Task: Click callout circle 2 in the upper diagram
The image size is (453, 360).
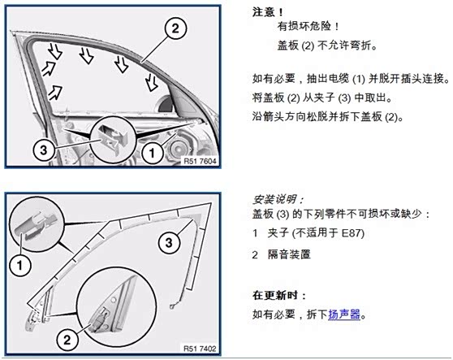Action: (175, 28)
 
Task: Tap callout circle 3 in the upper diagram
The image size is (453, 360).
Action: (43, 150)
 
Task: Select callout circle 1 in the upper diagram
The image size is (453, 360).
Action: (153, 153)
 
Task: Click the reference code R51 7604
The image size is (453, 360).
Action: (200, 161)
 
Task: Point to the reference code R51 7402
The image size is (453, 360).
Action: (200, 349)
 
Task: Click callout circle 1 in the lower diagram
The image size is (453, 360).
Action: (20, 265)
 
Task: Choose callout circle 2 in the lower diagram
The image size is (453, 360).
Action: (67, 340)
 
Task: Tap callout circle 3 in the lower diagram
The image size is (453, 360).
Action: (170, 242)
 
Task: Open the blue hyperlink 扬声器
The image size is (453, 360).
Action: (344, 314)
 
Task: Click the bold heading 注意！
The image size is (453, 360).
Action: (268, 12)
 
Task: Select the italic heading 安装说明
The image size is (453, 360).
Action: (278, 199)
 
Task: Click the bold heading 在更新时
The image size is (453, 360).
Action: (278, 296)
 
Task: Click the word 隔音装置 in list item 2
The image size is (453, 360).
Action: (289, 254)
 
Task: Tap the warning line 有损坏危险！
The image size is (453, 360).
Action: (308, 26)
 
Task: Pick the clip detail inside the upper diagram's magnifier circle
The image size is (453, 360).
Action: (112, 137)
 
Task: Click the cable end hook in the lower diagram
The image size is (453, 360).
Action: (173, 306)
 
